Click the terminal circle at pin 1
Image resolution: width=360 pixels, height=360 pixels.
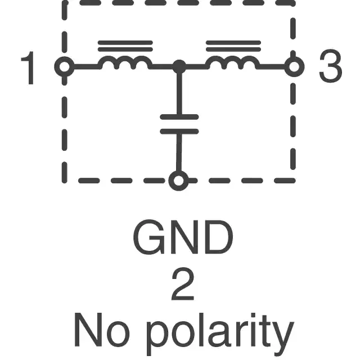63,67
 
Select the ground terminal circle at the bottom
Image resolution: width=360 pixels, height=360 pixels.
178,181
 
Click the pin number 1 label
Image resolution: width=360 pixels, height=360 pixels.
29,69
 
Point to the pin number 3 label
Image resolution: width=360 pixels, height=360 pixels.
330,69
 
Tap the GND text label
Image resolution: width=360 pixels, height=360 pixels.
182,239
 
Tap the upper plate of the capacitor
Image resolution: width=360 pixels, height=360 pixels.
179,117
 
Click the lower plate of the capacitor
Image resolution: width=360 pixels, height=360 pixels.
179,131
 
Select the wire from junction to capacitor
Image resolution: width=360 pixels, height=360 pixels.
179,93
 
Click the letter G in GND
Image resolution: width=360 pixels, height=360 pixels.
148,239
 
